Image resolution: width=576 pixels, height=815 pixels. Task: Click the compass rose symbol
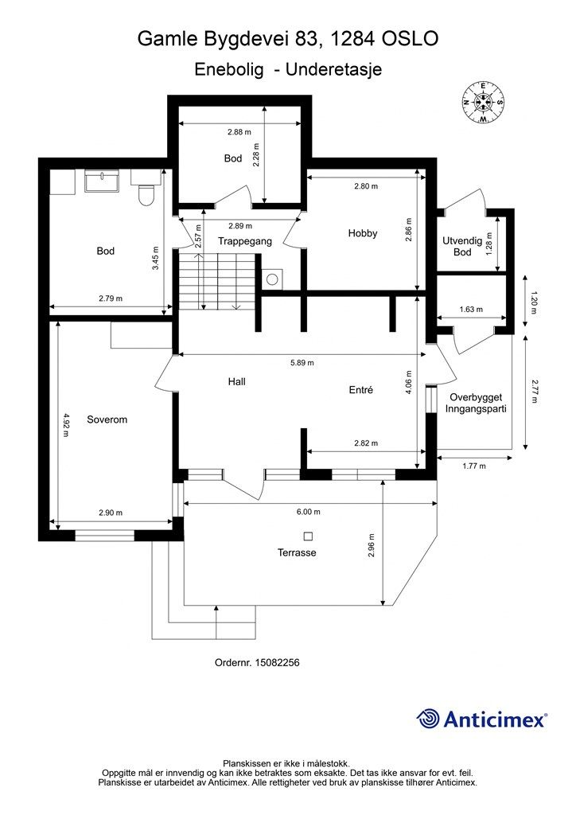(x=484, y=103)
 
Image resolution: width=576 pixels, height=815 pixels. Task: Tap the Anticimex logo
(x=481, y=719)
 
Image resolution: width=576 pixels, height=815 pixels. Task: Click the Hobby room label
(x=363, y=233)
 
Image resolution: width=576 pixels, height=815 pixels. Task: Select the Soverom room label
(x=107, y=419)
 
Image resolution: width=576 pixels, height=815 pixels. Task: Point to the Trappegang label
(x=245, y=241)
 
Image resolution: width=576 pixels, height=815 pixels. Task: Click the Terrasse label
(x=297, y=552)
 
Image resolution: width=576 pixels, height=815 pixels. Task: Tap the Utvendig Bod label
(x=462, y=247)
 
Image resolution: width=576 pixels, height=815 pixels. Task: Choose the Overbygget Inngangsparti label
(x=475, y=403)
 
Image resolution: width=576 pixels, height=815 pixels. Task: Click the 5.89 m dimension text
(x=302, y=363)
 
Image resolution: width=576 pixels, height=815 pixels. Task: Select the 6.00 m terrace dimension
(x=309, y=512)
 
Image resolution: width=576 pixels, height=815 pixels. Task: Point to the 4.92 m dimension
(x=66, y=425)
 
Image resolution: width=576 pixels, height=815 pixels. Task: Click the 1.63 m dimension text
(x=471, y=310)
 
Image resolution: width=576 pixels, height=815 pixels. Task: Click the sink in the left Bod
(x=102, y=181)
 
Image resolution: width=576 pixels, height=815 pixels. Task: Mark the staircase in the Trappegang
(x=218, y=282)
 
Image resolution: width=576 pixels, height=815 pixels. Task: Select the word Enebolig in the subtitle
(x=229, y=70)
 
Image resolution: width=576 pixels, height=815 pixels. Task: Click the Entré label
(x=361, y=390)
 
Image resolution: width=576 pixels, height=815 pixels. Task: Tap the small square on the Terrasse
(x=309, y=536)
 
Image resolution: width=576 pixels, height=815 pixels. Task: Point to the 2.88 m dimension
(x=239, y=132)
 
